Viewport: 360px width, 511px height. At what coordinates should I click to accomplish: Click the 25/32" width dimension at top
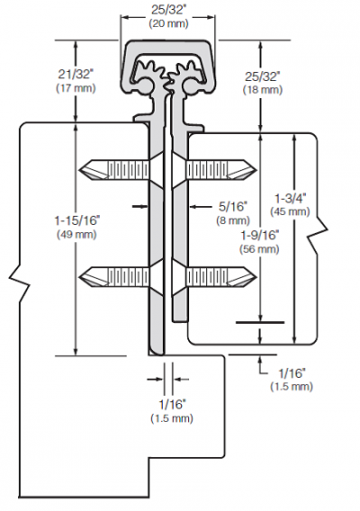168,10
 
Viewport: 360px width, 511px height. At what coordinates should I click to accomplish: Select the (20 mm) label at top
168,23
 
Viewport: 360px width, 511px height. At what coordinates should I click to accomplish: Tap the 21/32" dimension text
76,75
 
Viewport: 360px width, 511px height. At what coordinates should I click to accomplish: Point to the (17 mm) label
76,88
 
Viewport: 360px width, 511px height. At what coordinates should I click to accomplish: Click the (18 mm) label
263,90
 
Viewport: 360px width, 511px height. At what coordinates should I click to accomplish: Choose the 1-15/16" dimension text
76,220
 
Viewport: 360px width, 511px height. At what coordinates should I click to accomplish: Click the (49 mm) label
76,235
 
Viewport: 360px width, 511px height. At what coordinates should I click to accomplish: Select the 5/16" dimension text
233,206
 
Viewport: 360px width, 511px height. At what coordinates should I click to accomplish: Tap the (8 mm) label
233,220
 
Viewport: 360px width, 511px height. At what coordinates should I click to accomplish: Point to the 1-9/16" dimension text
259,235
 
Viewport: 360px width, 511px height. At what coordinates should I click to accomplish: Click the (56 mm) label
259,249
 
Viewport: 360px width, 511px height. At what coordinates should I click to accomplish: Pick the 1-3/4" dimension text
290,198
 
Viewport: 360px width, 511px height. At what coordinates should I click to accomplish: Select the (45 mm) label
290,211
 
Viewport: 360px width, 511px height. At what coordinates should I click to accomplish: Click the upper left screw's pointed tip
79,170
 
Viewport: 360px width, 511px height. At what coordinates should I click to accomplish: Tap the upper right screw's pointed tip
256,170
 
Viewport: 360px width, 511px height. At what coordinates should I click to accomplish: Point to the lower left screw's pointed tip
79,278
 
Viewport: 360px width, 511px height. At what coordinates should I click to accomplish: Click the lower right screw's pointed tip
256,277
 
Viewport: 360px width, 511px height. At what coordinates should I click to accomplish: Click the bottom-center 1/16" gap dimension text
172,405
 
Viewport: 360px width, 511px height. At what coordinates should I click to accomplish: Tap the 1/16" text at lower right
292,372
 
